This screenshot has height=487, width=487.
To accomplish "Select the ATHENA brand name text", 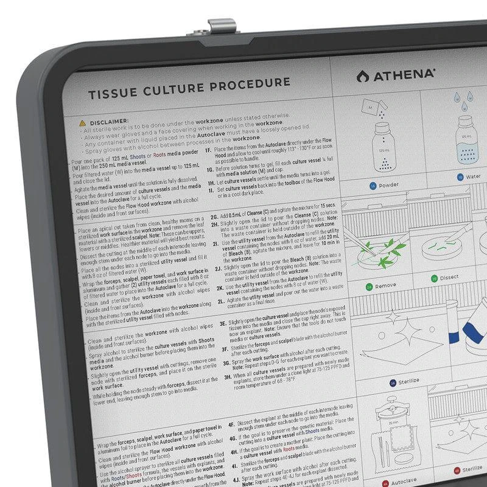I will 404,75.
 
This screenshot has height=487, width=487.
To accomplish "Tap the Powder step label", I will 388,184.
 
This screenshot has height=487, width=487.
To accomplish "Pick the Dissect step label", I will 449,278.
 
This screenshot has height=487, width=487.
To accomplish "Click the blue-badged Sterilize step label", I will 408,382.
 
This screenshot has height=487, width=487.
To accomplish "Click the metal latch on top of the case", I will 222,27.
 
